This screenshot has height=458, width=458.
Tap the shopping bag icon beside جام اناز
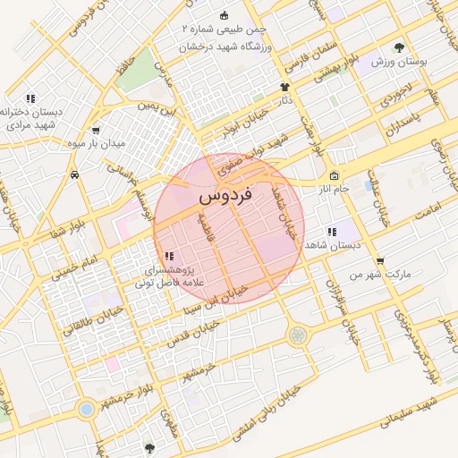(335, 176)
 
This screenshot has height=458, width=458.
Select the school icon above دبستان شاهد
(331, 232)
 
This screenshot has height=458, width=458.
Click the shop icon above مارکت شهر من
(380, 261)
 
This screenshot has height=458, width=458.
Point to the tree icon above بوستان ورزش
(398, 47)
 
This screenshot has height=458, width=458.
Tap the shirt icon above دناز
(285, 88)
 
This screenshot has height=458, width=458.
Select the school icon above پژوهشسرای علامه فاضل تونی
(169, 257)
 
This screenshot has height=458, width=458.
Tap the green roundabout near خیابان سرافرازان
(296, 335)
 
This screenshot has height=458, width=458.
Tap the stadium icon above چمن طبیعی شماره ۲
(223, 15)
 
